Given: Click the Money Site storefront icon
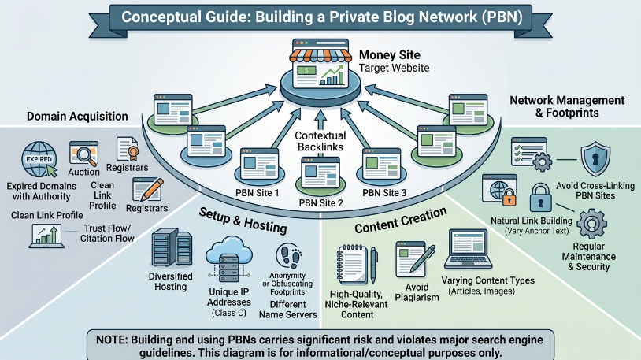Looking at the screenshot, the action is point(320,65).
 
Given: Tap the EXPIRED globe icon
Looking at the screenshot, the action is point(39,159).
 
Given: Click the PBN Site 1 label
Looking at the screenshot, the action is point(258,193).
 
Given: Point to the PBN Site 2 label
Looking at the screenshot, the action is point(321,203).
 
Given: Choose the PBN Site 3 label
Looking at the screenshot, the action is point(384,193).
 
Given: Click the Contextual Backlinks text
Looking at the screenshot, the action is point(320,141).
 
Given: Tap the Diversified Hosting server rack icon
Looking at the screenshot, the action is point(172,247).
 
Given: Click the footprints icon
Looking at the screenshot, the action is point(288,256).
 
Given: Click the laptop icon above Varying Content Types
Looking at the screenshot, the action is point(468,249).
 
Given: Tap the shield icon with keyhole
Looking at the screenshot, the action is point(595,158).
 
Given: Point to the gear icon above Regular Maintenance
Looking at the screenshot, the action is point(591,224).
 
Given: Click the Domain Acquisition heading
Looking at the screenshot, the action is point(77,116).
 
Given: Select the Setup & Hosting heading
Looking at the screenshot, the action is point(243,220).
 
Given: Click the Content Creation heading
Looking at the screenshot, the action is point(401,220).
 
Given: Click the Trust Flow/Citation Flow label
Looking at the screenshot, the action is point(107,233).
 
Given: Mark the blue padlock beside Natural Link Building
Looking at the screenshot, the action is point(541,197).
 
